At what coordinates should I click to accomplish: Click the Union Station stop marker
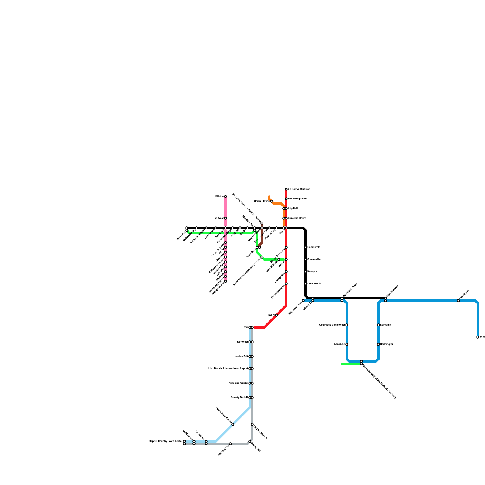272,201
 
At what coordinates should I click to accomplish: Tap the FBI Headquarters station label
297,199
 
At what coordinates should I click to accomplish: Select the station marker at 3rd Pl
276,315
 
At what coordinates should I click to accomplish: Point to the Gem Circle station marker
306,247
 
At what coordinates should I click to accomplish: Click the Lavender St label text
314,284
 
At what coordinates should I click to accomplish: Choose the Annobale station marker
347,344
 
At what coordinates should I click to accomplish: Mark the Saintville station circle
378,325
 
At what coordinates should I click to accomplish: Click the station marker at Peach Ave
458,301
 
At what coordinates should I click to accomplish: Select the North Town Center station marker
233,424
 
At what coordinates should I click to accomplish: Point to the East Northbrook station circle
252,424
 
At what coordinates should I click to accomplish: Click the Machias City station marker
230,444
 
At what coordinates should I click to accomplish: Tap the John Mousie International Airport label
227,369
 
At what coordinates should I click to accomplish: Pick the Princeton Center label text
238,383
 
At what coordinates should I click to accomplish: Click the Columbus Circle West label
332,325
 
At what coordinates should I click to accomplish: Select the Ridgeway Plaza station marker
303,301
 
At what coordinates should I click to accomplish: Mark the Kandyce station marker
306,272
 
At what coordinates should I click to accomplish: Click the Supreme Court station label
296,218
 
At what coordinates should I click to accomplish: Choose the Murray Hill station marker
250,441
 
